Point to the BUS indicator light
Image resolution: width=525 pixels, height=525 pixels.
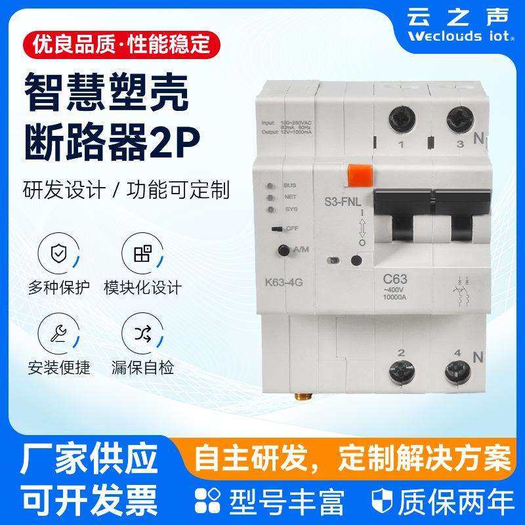point(270,186)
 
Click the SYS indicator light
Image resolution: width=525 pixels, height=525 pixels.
point(270,209)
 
